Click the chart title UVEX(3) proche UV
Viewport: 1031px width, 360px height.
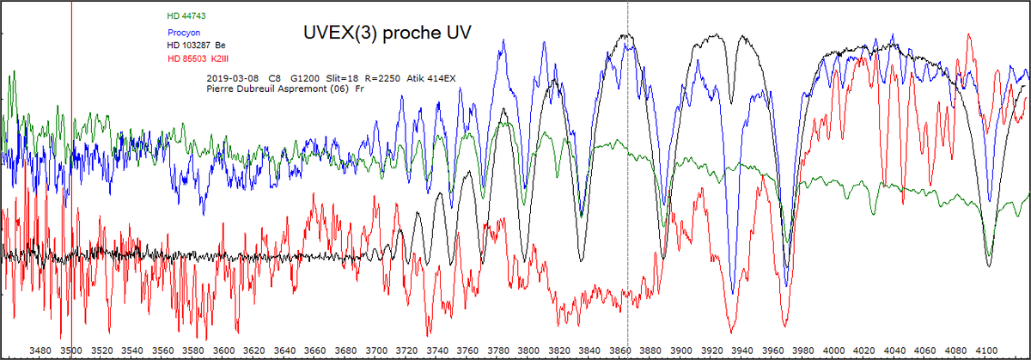[x=386, y=32]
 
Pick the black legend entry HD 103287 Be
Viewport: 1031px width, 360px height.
[x=196, y=45]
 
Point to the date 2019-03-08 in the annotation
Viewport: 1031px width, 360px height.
[x=231, y=77]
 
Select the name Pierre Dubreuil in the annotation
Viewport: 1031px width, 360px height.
[x=239, y=88]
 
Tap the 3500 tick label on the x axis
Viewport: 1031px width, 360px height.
[x=71, y=351]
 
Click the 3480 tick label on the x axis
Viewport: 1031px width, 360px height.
[x=41, y=351]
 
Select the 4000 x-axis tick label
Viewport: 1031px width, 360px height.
[x=833, y=351]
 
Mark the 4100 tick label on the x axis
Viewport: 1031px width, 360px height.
[x=986, y=351]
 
